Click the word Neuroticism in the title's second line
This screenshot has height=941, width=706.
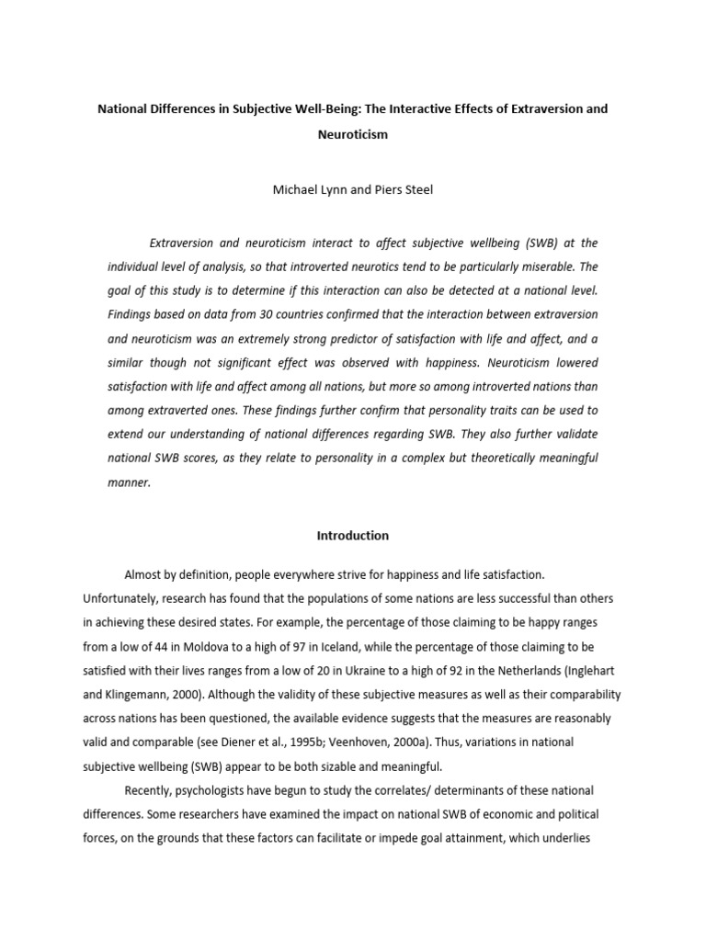pos(353,134)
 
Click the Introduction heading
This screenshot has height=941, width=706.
pos(353,535)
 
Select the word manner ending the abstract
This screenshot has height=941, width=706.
pos(128,482)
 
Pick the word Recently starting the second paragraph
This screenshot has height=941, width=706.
pos(150,789)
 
